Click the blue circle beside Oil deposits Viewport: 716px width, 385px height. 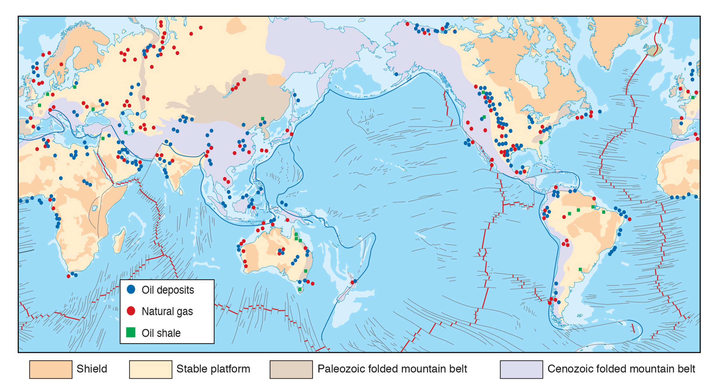(x=131, y=289)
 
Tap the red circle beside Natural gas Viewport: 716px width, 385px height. (x=131, y=311)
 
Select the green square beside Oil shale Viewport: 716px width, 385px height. (x=131, y=332)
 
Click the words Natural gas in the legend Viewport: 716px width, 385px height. (x=167, y=311)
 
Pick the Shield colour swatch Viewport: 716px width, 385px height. (x=51, y=369)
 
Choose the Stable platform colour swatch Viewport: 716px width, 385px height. (x=151, y=369)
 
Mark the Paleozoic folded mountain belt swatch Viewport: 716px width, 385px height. (x=291, y=369)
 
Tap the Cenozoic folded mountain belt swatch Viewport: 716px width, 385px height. (x=521, y=369)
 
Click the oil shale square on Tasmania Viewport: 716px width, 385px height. (x=300, y=289)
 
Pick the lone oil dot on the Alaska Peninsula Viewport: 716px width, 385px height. (x=396, y=74)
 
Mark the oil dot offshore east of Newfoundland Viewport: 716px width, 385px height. (x=600, y=112)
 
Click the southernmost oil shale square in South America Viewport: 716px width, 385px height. (x=580, y=269)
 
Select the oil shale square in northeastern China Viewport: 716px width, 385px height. (x=263, y=119)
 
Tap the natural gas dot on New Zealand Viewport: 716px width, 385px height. (x=352, y=283)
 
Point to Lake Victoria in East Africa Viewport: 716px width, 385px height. (x=95, y=208)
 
